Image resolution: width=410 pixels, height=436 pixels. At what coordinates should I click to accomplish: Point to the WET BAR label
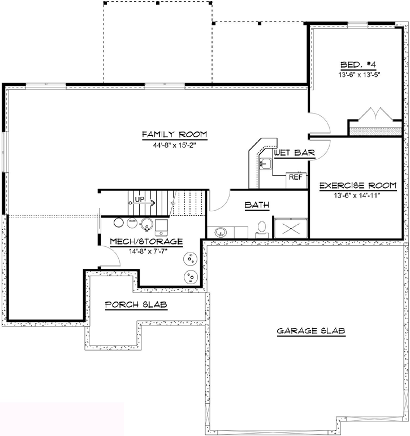[294, 152]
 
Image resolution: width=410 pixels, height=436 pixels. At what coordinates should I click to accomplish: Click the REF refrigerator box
[295, 177]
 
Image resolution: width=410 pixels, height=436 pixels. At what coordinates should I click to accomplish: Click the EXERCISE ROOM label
[357, 185]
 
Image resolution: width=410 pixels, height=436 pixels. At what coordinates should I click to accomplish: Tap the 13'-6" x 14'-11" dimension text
[357, 195]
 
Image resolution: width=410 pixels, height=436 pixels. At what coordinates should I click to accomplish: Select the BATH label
[256, 206]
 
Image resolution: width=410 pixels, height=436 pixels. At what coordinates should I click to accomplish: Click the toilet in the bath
[261, 227]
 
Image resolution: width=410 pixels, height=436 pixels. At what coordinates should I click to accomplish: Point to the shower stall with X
[290, 227]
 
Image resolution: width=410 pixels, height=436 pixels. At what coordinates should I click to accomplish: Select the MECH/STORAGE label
[146, 242]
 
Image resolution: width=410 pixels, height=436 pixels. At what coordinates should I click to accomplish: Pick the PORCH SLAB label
[139, 305]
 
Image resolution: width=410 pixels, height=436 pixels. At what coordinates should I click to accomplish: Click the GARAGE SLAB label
[311, 331]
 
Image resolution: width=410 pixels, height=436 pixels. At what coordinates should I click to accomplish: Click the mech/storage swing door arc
[111, 258]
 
